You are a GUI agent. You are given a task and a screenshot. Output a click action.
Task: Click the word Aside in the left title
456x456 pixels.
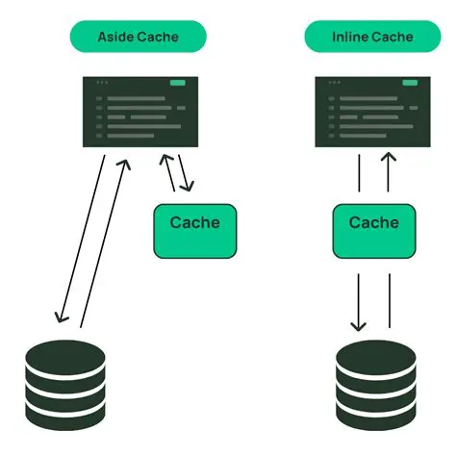pyautogui.click(x=116, y=37)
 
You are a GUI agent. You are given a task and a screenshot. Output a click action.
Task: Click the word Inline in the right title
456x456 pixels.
pyautogui.click(x=348, y=37)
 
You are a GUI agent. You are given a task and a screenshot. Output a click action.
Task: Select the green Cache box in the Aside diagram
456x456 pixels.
pyautogui.click(x=194, y=231)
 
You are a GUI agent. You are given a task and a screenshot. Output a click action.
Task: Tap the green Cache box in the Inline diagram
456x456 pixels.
pyautogui.click(x=373, y=231)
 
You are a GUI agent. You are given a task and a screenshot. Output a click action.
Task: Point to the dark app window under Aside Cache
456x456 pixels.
pyautogui.click(x=139, y=113)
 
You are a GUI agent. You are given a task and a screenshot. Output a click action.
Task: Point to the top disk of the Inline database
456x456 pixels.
pyautogui.click(x=376, y=354)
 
